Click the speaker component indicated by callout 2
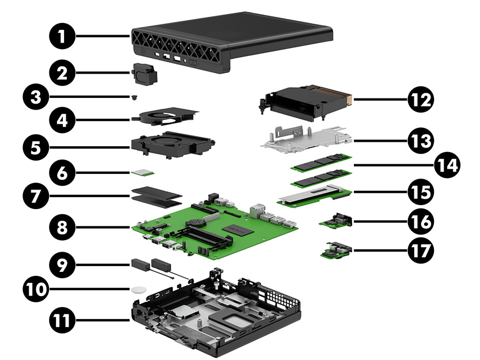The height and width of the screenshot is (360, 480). point(145,73)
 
